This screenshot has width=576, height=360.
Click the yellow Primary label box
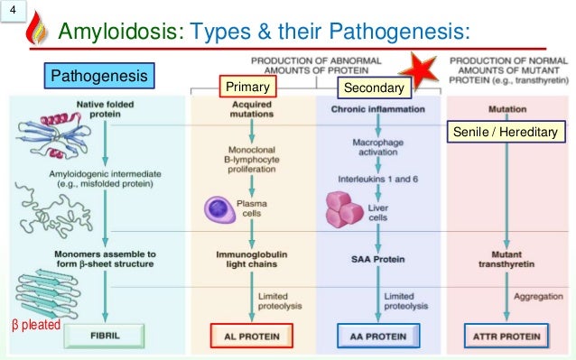click(x=246, y=87)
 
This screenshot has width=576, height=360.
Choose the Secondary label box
click(x=373, y=88)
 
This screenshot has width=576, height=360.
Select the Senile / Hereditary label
click(x=506, y=133)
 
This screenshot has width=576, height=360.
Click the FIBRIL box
click(x=107, y=331)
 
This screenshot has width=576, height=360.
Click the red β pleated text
click(x=32, y=321)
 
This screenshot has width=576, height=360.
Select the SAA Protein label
click(x=378, y=258)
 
